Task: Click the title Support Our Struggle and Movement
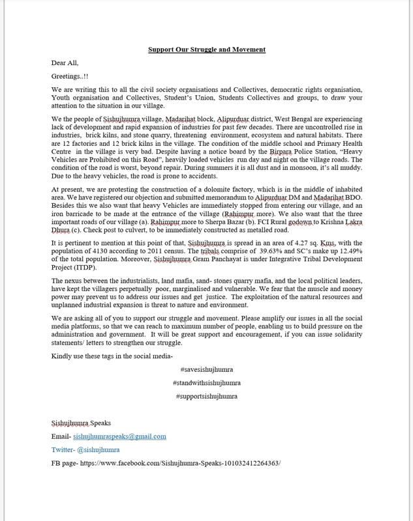[206, 49]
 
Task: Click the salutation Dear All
[65, 63]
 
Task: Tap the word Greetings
[67, 76]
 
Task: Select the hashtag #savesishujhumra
[206, 370]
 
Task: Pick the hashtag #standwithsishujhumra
[206, 383]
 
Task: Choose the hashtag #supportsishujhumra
[206, 396]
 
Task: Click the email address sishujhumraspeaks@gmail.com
[119, 436]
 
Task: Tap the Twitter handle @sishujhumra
[98, 449]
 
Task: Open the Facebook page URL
[180, 463]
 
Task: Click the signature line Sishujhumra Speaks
[81, 423]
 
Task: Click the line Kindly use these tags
[112, 356]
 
